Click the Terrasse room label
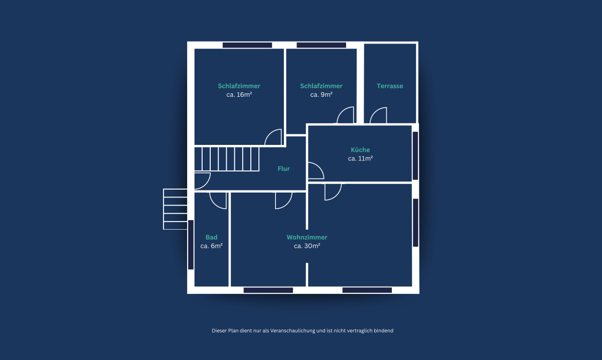[x=390, y=86]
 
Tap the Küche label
[x=360, y=149]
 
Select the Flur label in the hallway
[x=283, y=168]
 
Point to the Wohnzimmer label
[x=307, y=237]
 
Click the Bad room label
[x=212, y=237]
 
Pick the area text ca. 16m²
[x=239, y=95]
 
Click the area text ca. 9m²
[x=321, y=95]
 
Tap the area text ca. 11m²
[x=360, y=158]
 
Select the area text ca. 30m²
[x=307, y=246]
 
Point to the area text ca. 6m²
[x=212, y=246]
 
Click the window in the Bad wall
[x=191, y=245]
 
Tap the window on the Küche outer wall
[x=415, y=155]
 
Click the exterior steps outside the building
[x=175, y=209]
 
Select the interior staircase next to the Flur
[x=227, y=159]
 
